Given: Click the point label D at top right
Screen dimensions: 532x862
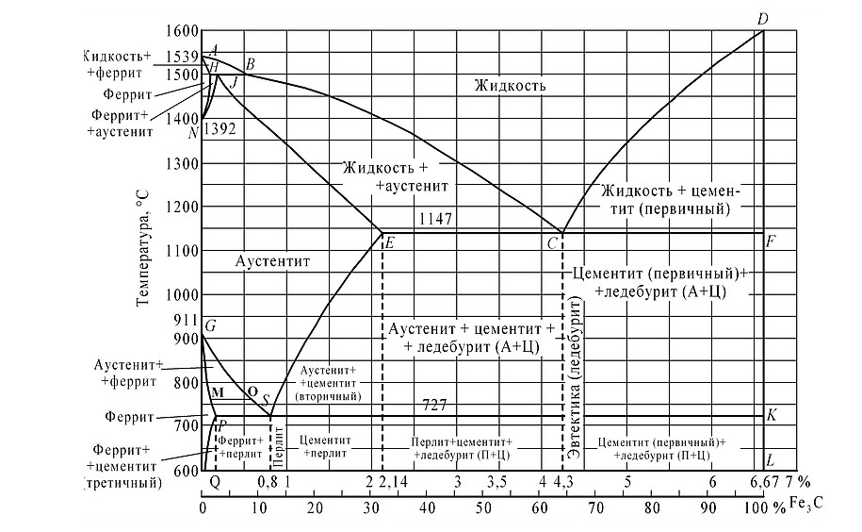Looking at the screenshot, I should click(x=763, y=19).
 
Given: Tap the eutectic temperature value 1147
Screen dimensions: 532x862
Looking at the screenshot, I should click(x=436, y=219).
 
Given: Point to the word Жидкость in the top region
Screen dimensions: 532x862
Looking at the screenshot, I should click(x=511, y=86).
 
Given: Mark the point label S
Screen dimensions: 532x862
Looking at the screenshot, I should click(x=267, y=400).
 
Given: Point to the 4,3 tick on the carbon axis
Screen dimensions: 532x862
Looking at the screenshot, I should click(x=563, y=483).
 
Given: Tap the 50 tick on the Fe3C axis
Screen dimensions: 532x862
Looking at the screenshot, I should click(x=483, y=507).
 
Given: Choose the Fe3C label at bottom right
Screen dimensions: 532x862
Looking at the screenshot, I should click(x=806, y=507).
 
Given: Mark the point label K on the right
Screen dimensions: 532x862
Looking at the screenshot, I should click(x=772, y=415).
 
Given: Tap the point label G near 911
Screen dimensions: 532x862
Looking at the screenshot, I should click(x=210, y=327).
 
